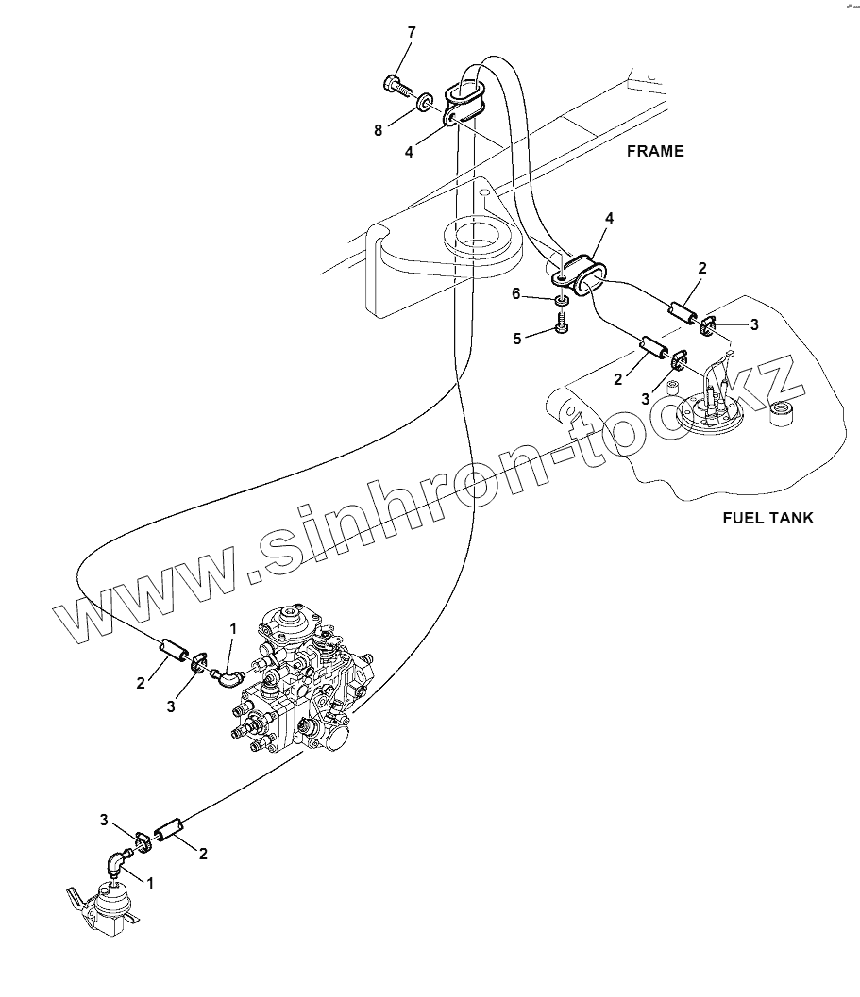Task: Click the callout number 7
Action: (x=411, y=33)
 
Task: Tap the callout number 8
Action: (x=379, y=131)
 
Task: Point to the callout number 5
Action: (x=517, y=339)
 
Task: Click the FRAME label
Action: (x=654, y=151)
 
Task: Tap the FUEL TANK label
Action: (x=767, y=517)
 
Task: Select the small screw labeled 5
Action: (x=562, y=325)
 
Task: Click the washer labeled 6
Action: (x=561, y=300)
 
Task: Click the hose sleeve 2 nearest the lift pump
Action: (x=167, y=831)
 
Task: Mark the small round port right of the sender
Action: (x=780, y=413)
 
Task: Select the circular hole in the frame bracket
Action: (x=478, y=234)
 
